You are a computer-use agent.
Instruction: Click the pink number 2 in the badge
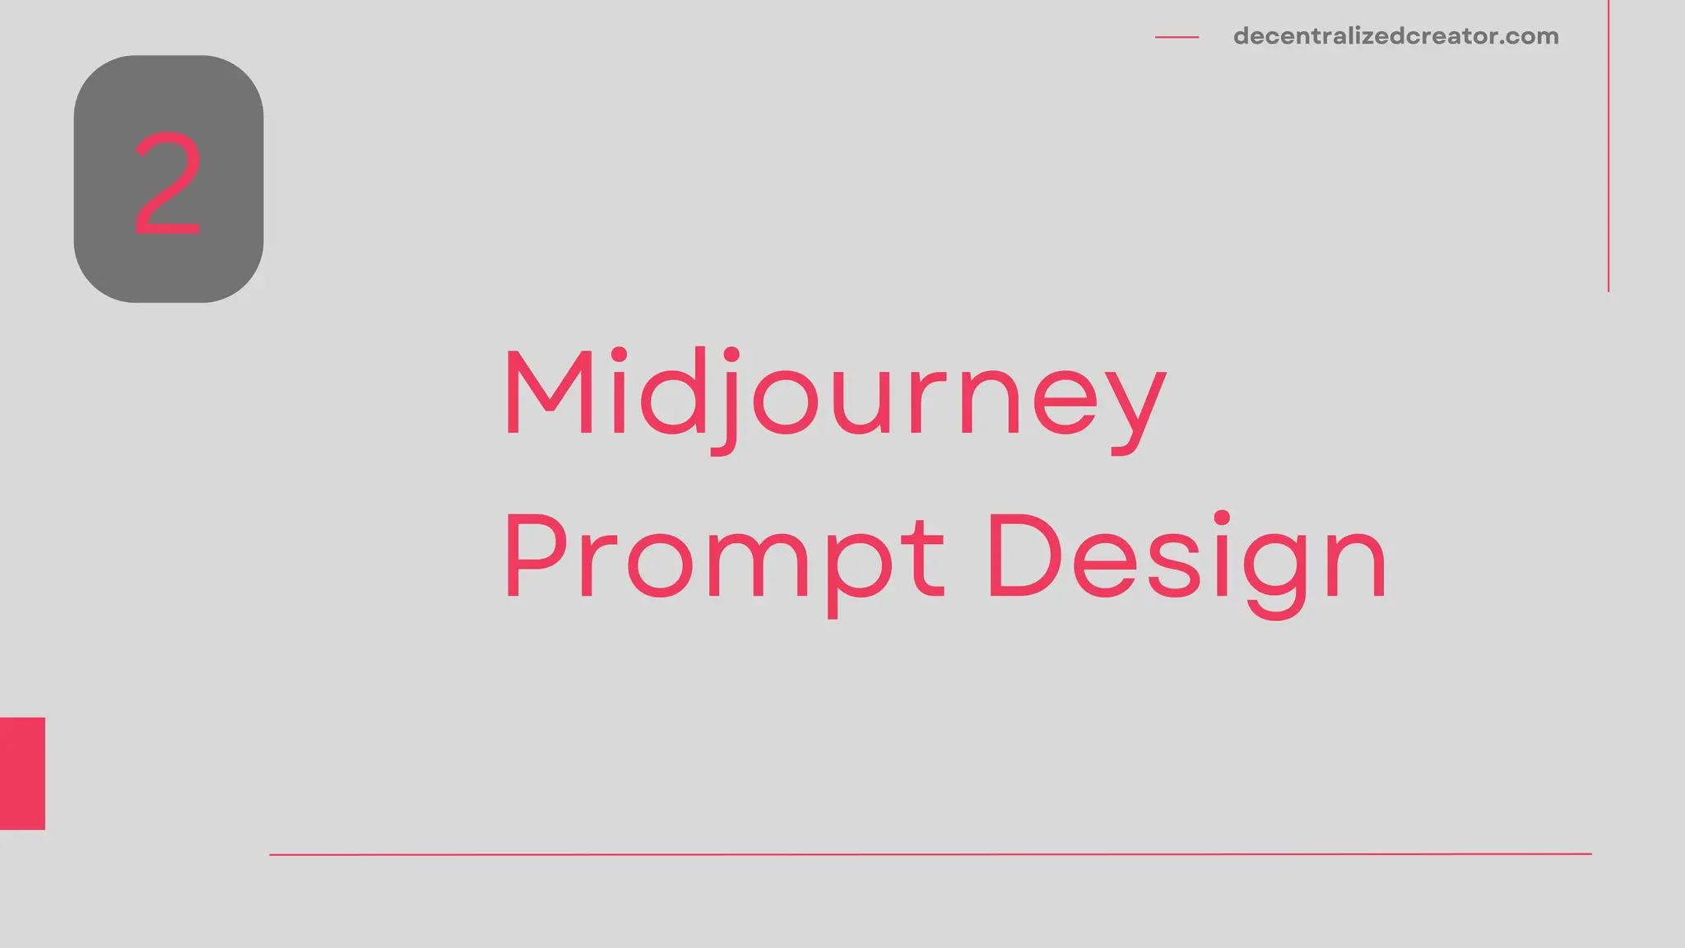pos(168,184)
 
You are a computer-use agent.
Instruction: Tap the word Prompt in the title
pos(724,558)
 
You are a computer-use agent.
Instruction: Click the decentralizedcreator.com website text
pos(1395,36)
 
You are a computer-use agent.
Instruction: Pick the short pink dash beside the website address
pos(1177,37)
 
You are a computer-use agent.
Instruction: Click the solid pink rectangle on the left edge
pos(22,773)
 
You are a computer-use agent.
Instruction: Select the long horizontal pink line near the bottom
pos(930,854)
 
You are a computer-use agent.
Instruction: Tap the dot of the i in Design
pos(1222,518)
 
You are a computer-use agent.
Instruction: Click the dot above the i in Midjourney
pos(619,355)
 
